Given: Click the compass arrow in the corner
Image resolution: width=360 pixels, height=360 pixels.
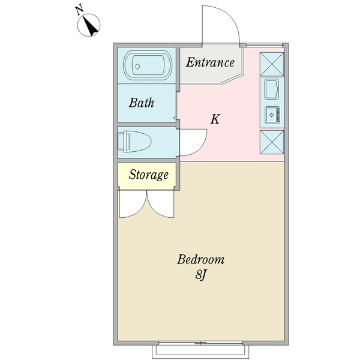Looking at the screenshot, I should [91, 26].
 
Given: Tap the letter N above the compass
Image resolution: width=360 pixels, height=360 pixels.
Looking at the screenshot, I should [79, 9].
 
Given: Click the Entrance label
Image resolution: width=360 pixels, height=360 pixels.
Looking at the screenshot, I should [209, 62].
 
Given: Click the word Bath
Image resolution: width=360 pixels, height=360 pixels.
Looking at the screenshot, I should [142, 103].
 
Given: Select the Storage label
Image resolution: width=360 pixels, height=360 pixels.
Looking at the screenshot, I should [148, 175].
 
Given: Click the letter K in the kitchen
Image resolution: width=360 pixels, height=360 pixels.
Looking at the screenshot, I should [215, 119].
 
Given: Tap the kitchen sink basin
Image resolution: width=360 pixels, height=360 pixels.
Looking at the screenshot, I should [271, 89].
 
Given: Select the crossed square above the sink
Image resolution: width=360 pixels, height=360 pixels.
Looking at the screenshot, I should [272, 63].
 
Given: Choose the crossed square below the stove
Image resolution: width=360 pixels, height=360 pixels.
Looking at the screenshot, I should [272, 142].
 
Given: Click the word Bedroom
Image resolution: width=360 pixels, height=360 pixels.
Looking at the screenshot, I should [200, 260].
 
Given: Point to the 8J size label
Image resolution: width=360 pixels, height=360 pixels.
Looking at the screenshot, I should [200, 277].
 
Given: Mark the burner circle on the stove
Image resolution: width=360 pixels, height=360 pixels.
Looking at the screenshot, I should [272, 113].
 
